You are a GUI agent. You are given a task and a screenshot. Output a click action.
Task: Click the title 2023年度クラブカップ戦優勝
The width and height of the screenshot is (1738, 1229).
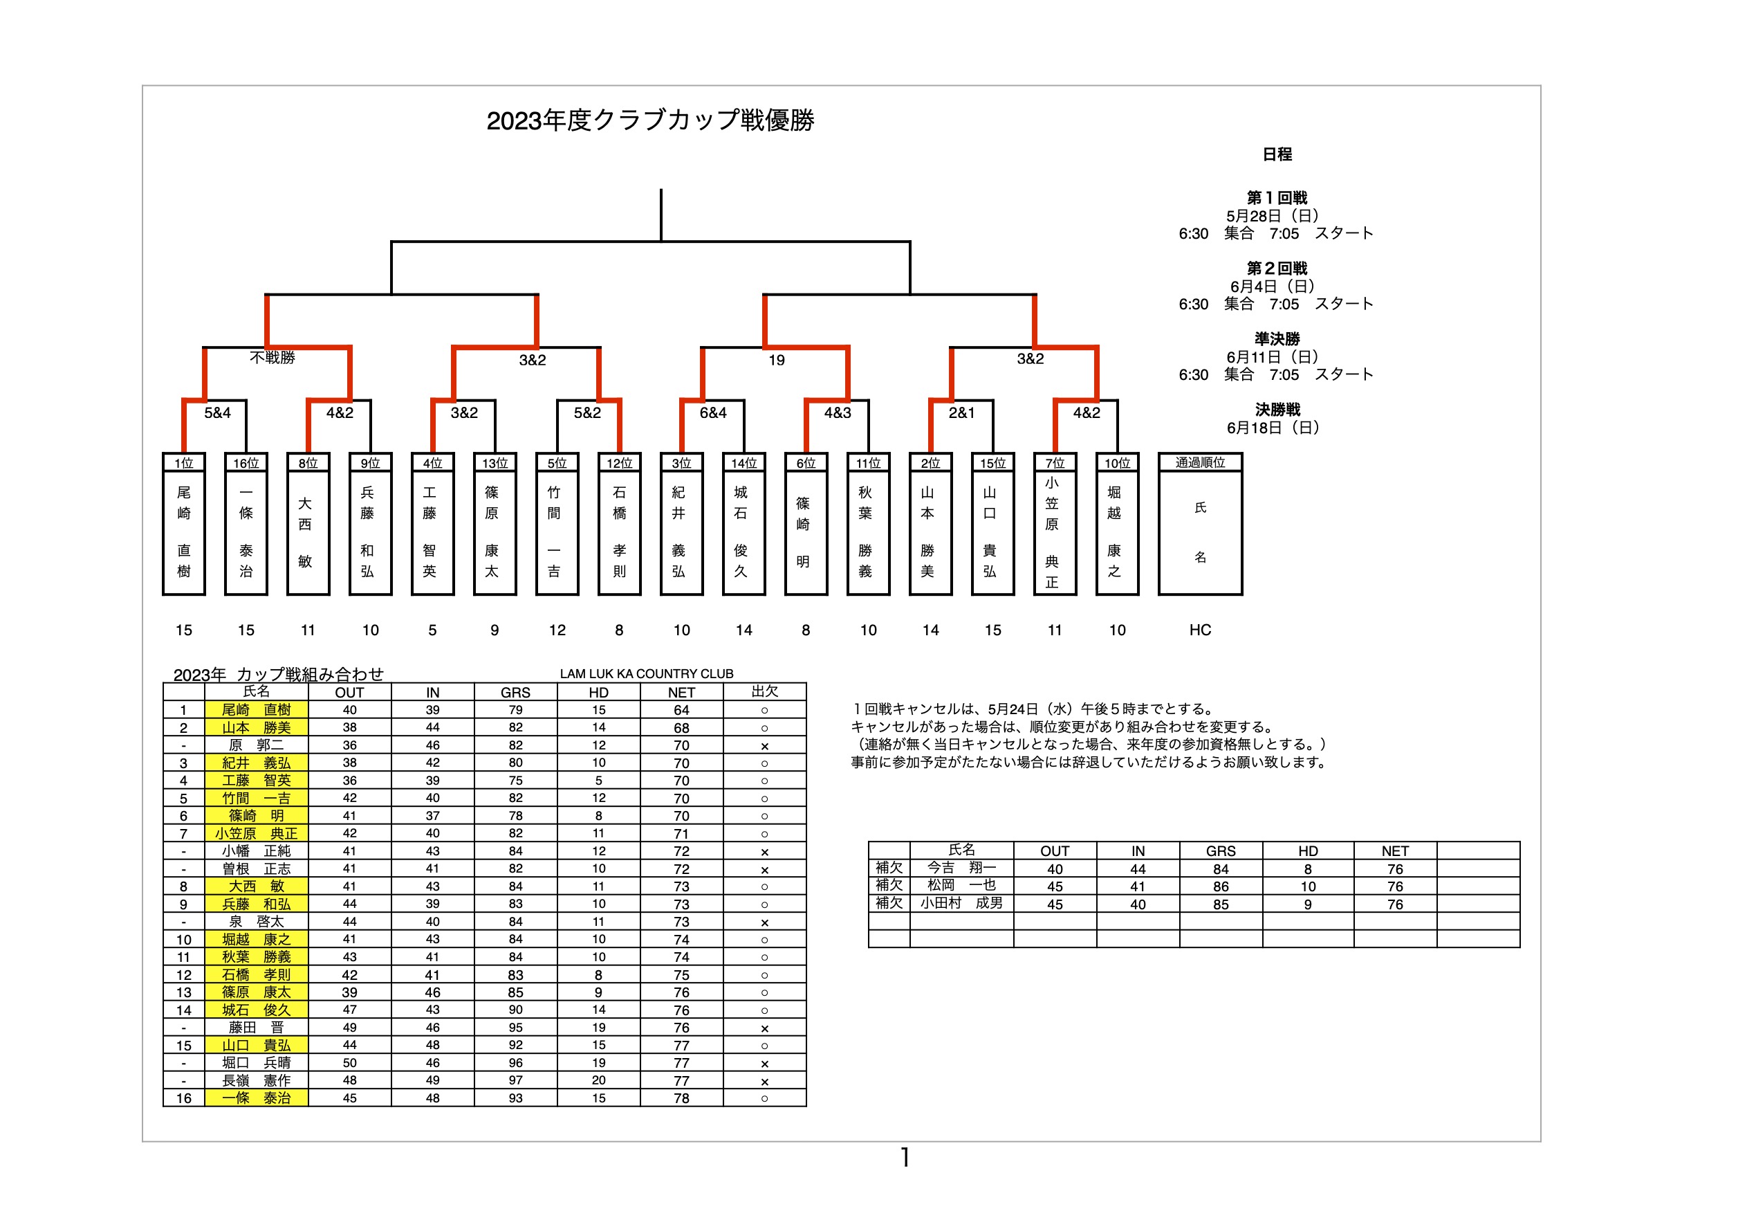(x=650, y=120)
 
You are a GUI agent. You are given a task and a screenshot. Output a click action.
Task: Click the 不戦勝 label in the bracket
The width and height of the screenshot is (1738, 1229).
(x=272, y=357)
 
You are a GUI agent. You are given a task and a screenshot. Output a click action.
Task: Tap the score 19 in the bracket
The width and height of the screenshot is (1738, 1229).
(x=777, y=361)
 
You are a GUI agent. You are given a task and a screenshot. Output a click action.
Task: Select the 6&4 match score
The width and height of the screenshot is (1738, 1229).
(x=713, y=412)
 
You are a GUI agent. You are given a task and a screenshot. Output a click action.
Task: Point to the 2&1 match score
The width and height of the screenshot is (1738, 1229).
(x=962, y=412)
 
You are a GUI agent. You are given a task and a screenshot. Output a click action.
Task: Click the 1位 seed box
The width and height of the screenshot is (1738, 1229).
(x=184, y=463)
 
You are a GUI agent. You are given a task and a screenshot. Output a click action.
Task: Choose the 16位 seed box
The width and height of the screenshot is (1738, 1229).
(x=246, y=463)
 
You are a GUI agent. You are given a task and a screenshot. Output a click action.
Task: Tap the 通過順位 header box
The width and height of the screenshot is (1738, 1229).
(x=1201, y=463)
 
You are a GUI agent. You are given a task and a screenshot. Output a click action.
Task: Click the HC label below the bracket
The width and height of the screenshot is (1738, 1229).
(x=1201, y=630)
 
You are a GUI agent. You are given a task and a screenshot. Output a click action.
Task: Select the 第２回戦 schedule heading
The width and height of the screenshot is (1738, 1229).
(x=1277, y=268)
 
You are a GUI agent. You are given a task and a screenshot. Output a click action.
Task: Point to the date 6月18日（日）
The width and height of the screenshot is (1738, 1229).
(x=1277, y=428)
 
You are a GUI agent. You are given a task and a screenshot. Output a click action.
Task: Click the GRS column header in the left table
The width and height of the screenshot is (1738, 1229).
(x=515, y=692)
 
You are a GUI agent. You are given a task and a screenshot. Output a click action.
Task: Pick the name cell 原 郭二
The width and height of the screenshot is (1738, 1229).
(x=257, y=745)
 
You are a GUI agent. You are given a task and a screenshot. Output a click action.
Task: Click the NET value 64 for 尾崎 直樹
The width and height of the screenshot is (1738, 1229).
(x=681, y=710)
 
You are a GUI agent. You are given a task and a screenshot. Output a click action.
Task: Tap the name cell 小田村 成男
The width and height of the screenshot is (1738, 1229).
(x=961, y=903)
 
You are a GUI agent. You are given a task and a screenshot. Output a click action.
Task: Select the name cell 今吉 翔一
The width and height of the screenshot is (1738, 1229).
(x=961, y=868)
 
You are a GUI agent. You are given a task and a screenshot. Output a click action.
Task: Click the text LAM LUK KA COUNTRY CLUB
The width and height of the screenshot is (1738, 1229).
(x=647, y=674)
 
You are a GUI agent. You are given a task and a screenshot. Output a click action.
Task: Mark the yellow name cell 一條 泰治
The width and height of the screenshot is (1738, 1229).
(x=257, y=1098)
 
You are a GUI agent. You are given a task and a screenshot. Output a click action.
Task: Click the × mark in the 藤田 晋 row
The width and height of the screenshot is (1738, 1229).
(x=764, y=1028)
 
